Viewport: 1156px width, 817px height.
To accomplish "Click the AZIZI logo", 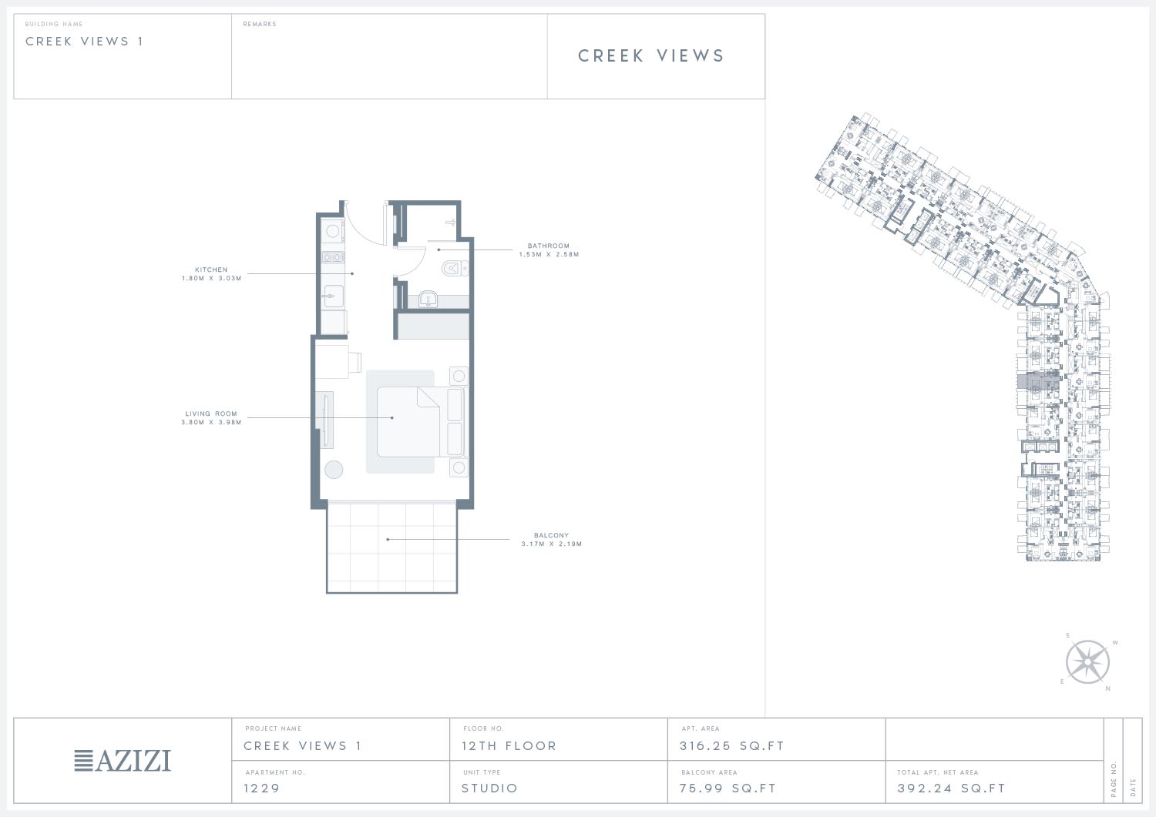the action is [x=123, y=760].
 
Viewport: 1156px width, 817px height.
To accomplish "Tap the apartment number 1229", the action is [x=262, y=788].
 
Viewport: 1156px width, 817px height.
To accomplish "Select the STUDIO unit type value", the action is [x=489, y=788].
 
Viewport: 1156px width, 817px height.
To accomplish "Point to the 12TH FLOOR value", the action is [x=509, y=746].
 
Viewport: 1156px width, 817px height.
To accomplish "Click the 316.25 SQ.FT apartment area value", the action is [x=732, y=746].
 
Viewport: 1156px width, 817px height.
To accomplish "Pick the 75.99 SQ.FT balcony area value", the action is [x=728, y=788].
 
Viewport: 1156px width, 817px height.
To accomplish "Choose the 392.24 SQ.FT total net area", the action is [x=951, y=788].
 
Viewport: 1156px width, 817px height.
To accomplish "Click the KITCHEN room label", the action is [x=211, y=270].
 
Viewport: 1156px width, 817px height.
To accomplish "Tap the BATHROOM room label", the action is [x=548, y=246].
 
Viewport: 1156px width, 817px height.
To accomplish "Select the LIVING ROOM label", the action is [x=211, y=414].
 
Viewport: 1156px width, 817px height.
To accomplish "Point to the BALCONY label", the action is [x=551, y=535].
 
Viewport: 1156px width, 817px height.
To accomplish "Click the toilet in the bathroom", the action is [x=455, y=269].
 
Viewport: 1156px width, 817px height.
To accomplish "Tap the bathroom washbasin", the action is [x=428, y=299].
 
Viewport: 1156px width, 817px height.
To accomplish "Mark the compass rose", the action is [x=1087, y=661].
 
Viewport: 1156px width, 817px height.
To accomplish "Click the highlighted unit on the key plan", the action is [x=1038, y=382].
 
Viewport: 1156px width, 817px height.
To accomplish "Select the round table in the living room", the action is [x=334, y=470].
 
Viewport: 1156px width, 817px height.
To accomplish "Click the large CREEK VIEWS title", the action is [x=651, y=55].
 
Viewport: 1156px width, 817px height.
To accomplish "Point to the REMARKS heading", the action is [x=260, y=24].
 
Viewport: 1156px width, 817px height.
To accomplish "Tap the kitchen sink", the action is [x=333, y=296].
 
